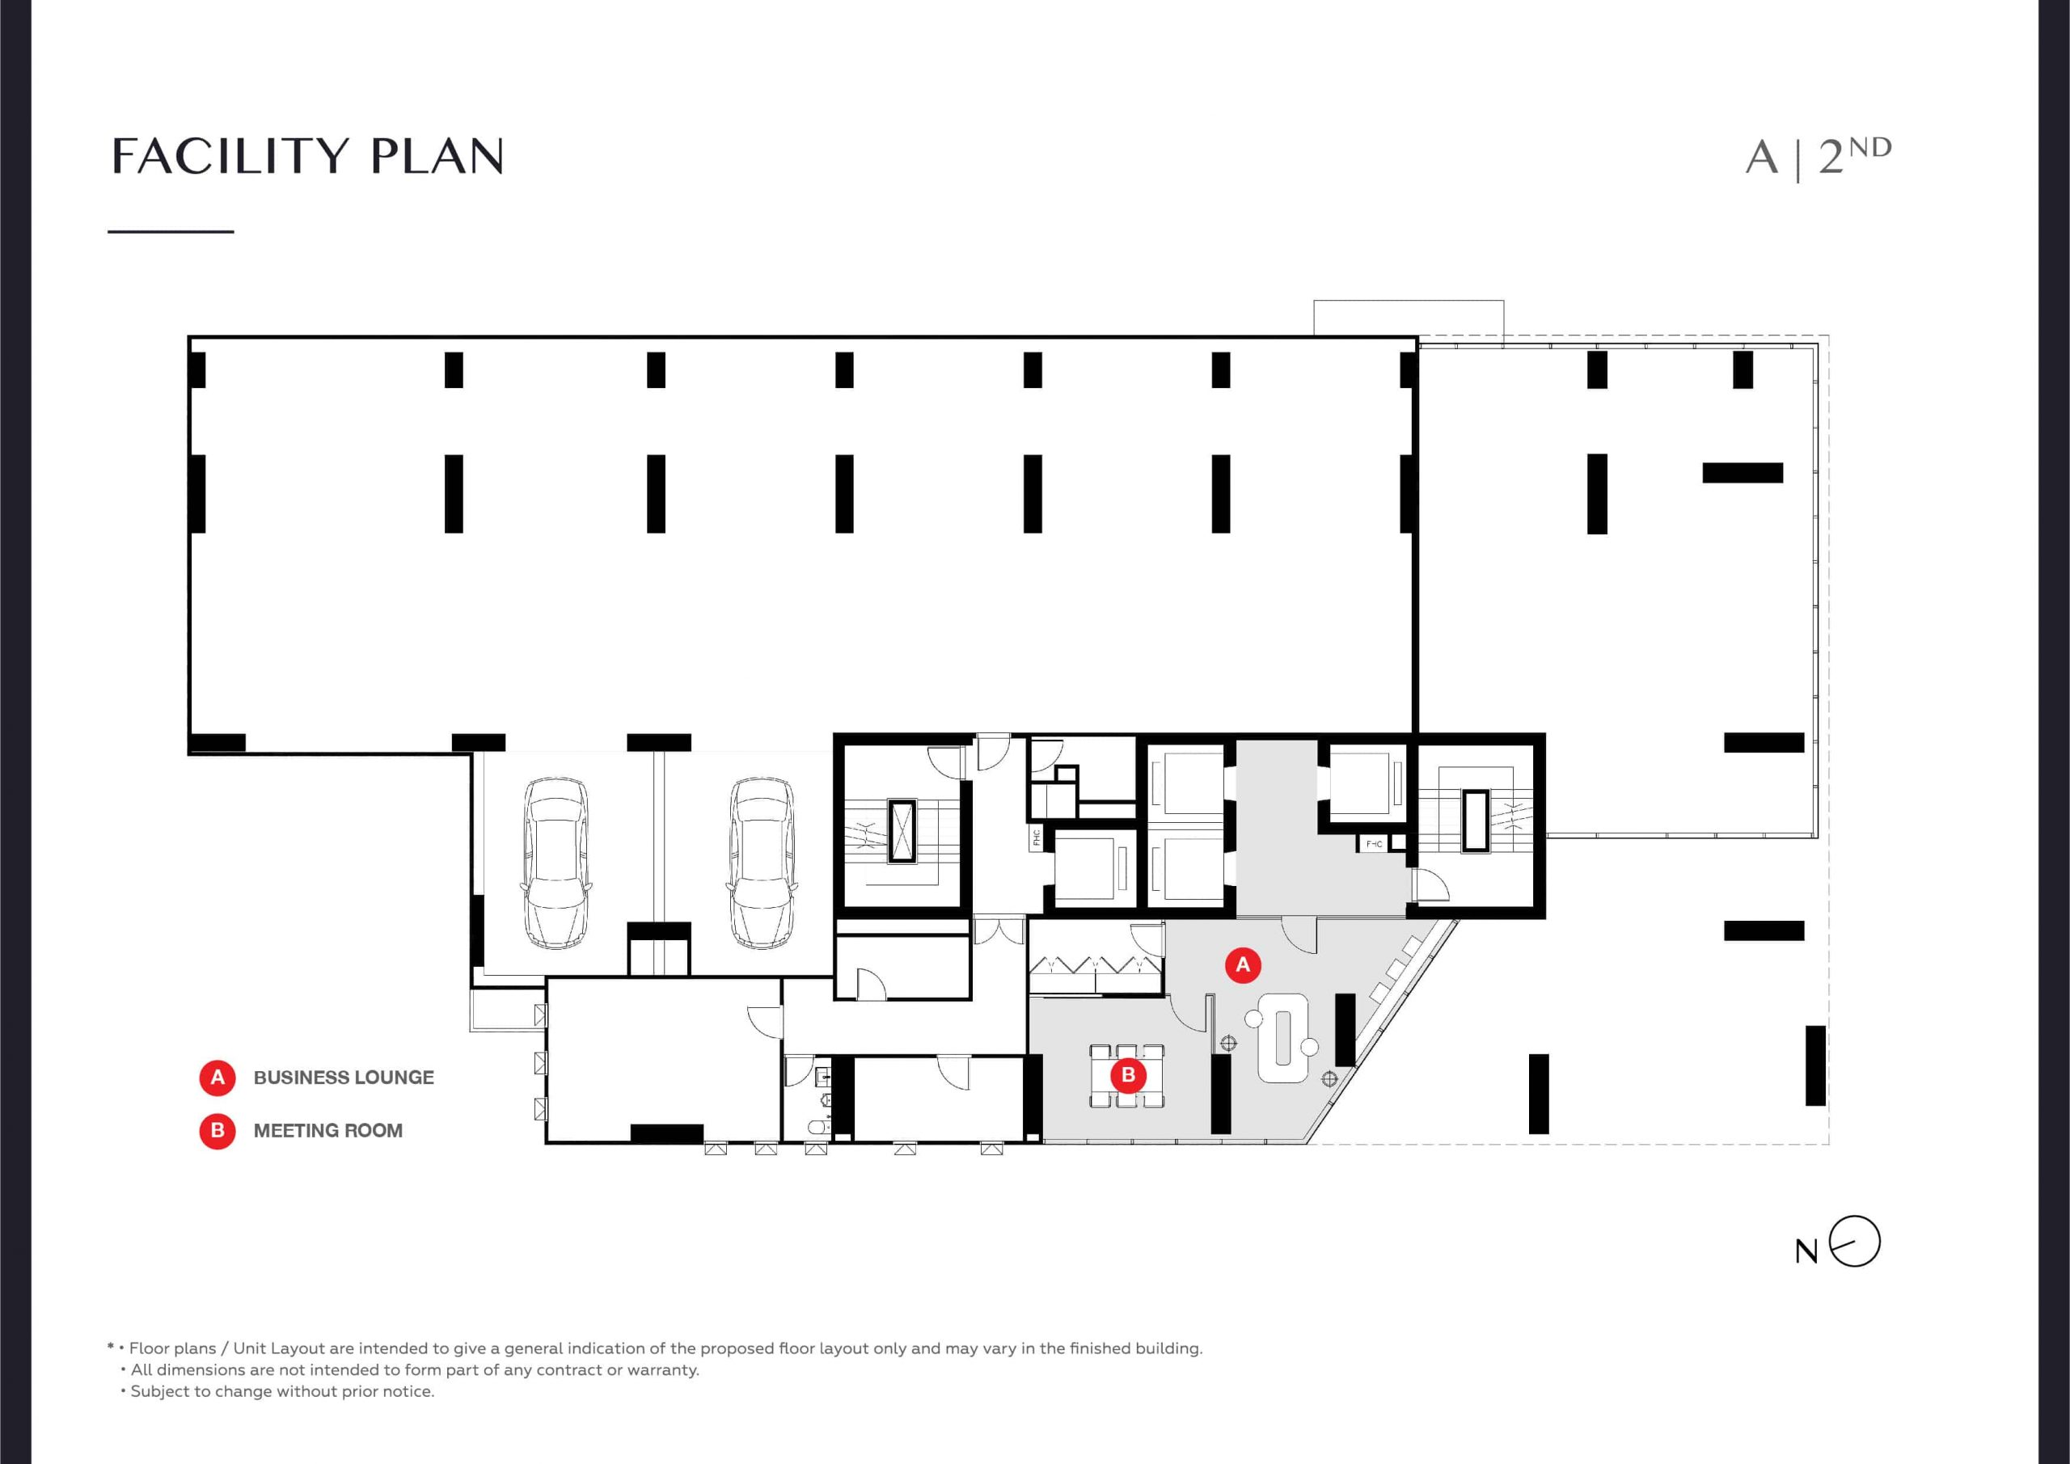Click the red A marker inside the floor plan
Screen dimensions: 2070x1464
click(1242, 964)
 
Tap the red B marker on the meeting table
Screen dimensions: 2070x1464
click(1128, 1074)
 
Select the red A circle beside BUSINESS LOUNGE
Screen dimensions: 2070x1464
click(218, 1078)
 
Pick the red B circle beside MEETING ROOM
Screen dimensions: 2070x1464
click(218, 1130)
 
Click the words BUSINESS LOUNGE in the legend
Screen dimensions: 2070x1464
click(344, 1078)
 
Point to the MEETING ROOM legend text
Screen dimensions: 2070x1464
click(328, 1130)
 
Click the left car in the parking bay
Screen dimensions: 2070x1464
click(556, 863)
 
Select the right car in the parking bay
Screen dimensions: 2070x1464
click(762, 863)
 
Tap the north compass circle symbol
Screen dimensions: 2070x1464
click(1856, 1242)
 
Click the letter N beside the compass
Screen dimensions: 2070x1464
click(1806, 1251)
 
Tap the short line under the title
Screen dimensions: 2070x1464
click(171, 232)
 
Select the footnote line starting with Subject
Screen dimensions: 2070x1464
click(277, 1391)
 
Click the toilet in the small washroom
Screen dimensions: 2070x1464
click(817, 1126)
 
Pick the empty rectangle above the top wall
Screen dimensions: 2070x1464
click(1409, 319)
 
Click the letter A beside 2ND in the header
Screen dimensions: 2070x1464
click(1762, 158)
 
